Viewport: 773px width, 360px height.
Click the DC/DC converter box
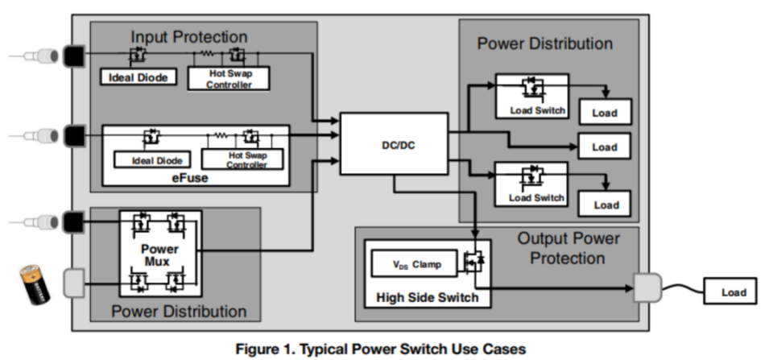click(393, 143)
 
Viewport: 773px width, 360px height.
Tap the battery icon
click(35, 285)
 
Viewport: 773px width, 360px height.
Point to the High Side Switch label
click(427, 298)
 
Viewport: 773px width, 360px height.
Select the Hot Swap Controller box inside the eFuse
click(242, 159)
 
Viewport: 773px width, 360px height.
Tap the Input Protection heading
click(189, 37)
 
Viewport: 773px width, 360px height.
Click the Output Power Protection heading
click(568, 249)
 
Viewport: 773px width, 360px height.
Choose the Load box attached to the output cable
click(733, 292)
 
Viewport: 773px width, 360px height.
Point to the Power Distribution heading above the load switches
click(545, 43)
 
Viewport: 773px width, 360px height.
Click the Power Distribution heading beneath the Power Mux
click(179, 312)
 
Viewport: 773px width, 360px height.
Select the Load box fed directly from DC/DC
click(605, 147)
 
